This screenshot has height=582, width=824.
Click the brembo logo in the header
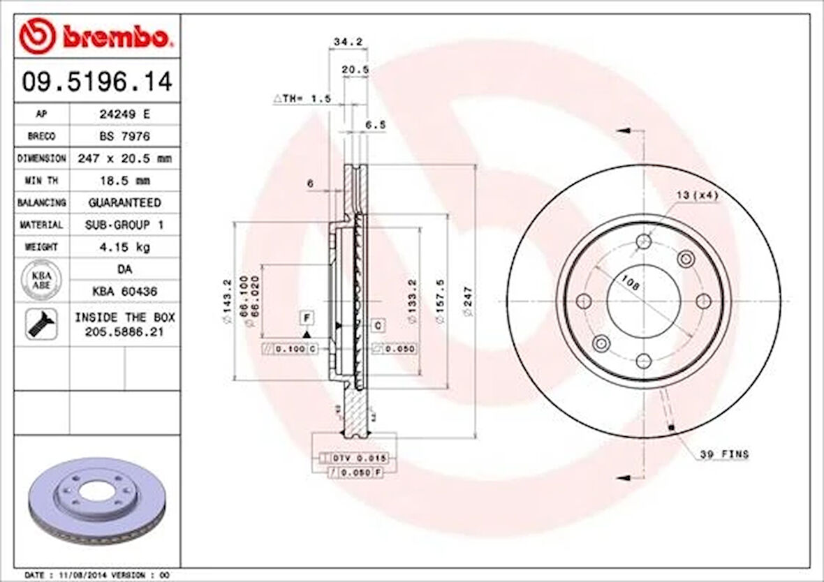coord(95,37)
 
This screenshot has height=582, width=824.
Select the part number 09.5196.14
coord(96,82)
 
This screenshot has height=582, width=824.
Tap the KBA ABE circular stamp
coord(41,279)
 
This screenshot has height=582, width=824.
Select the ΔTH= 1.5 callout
coord(301,99)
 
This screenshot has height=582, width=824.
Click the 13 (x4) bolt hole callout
coord(696,196)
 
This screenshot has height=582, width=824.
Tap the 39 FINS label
coord(724,454)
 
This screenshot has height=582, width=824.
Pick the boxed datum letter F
coord(306,318)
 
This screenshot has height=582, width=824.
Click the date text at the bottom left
coord(98,574)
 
